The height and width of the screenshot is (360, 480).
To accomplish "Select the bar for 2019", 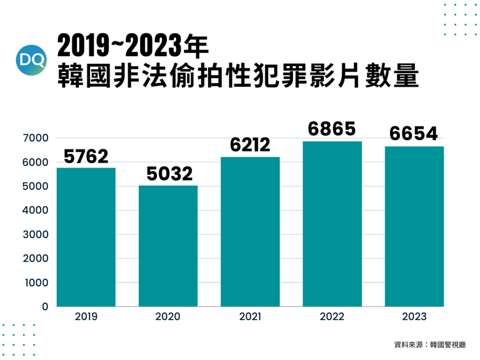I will [x=86, y=237].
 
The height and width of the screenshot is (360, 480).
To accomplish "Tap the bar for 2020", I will [x=167, y=246].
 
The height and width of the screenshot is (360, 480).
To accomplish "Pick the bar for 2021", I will [x=250, y=232].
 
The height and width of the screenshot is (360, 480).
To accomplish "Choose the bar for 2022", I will [x=332, y=224].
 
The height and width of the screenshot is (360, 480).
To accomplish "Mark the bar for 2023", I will [x=414, y=226].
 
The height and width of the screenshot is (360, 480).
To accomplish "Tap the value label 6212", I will [x=249, y=144].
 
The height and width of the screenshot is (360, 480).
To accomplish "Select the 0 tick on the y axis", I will [x=45, y=307].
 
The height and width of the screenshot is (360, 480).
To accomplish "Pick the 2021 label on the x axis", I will [x=249, y=317].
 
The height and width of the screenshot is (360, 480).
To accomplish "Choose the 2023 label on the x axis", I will [x=414, y=317].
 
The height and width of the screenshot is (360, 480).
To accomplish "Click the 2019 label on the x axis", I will [x=86, y=317].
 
